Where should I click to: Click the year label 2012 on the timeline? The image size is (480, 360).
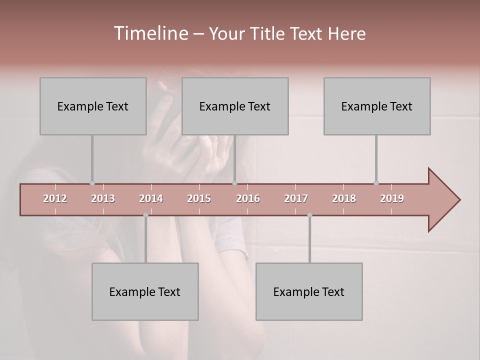click(x=55, y=198)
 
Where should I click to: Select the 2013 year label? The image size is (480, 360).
click(x=103, y=198)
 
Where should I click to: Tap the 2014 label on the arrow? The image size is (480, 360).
click(x=151, y=198)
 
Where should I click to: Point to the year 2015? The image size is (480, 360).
click(x=199, y=198)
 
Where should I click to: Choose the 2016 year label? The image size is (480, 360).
click(x=248, y=198)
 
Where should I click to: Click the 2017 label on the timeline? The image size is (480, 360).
click(x=296, y=198)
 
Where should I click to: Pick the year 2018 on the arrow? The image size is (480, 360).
click(x=344, y=198)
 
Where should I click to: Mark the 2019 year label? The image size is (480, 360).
click(x=392, y=198)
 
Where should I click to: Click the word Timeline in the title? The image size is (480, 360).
click(x=150, y=33)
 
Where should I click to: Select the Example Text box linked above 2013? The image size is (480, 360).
click(x=93, y=106)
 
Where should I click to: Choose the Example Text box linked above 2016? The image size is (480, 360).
click(x=235, y=106)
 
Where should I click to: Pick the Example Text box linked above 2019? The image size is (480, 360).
click(x=377, y=106)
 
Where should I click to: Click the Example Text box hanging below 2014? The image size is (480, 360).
click(x=145, y=291)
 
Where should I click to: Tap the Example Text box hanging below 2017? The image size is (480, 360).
click(x=309, y=291)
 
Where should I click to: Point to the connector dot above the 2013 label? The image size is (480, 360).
click(x=92, y=183)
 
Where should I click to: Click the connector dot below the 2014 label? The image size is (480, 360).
click(x=145, y=215)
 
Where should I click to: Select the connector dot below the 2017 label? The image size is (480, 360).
click(x=309, y=215)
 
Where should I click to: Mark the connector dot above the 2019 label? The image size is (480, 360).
click(x=376, y=183)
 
